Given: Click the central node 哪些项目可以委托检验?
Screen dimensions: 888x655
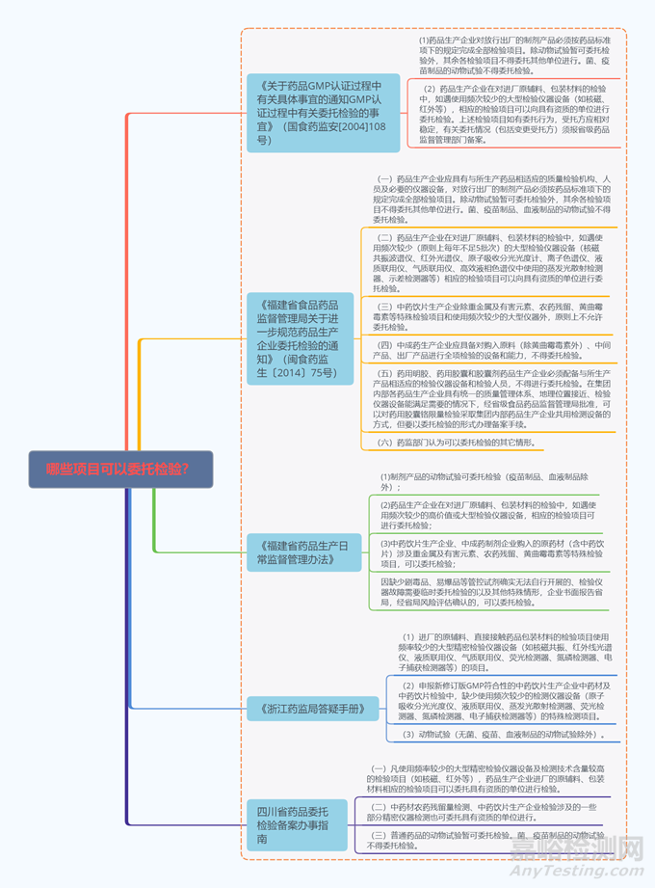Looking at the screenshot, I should [x=118, y=470].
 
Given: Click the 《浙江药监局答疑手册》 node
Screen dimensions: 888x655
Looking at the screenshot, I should [x=306, y=709].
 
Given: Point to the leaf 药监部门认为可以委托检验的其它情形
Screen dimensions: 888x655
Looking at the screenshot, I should [x=455, y=443].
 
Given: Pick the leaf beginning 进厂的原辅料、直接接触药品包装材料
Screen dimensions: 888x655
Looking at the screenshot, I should [x=506, y=653].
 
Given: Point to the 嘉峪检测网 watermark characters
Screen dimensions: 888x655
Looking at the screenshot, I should [x=578, y=852].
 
